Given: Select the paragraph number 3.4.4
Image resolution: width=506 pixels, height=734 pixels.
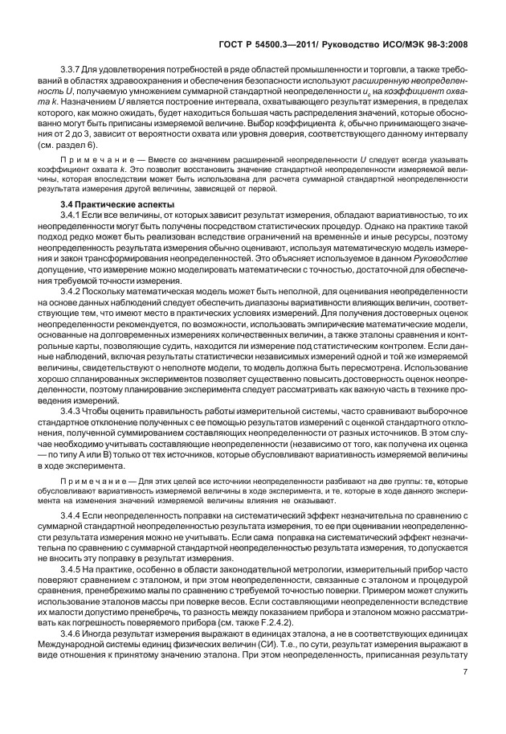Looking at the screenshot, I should tap(73, 514).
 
